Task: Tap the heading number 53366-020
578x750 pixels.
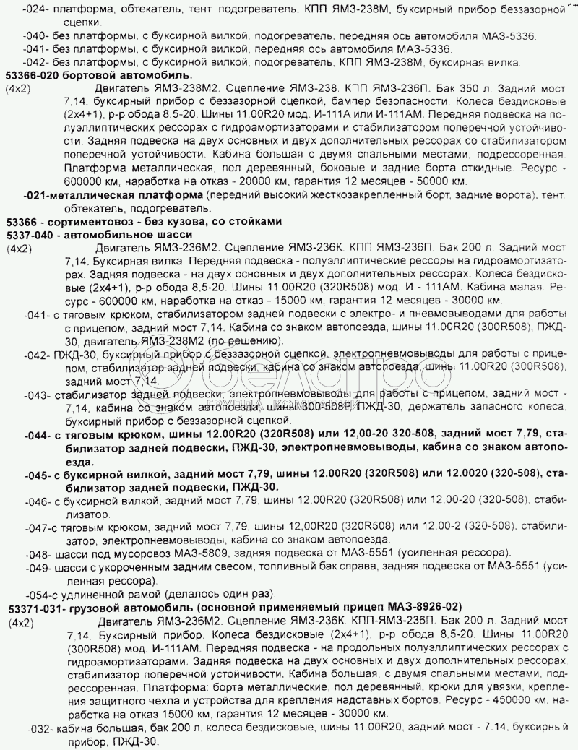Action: coord(35,74)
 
